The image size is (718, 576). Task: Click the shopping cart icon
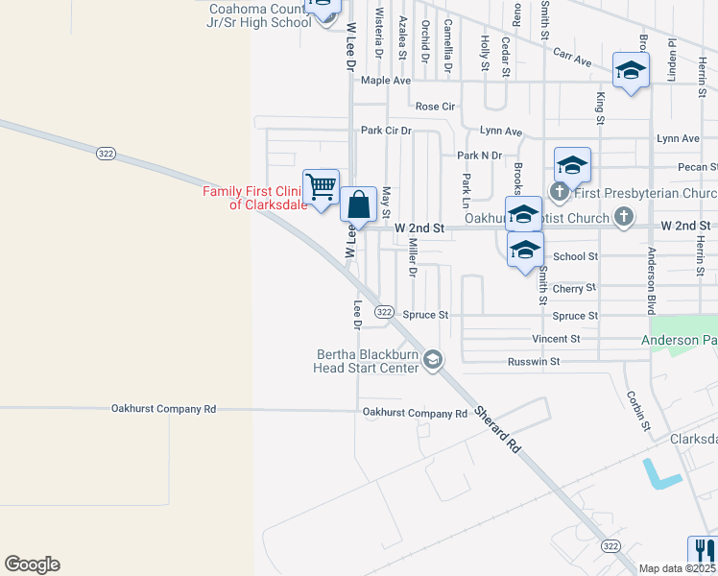tap(321, 185)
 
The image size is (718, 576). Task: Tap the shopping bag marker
tap(358, 204)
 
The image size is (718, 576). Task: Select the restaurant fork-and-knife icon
tap(703, 551)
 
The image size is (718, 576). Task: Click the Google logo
tap(32, 564)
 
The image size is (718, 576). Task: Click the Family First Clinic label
tap(254, 198)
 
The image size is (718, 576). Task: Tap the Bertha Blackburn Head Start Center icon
tap(433, 359)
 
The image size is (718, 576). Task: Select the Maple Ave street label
tap(386, 81)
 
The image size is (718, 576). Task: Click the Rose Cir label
tap(435, 106)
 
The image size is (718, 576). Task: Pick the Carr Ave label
tap(574, 59)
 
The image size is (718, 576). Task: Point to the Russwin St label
tap(534, 362)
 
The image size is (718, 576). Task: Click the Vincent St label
tap(556, 339)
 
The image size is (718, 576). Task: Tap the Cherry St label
tap(574, 288)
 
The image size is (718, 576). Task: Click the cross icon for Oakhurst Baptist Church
tap(623, 217)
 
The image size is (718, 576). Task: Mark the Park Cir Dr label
tap(386, 131)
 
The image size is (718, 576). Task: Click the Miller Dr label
tap(412, 257)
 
